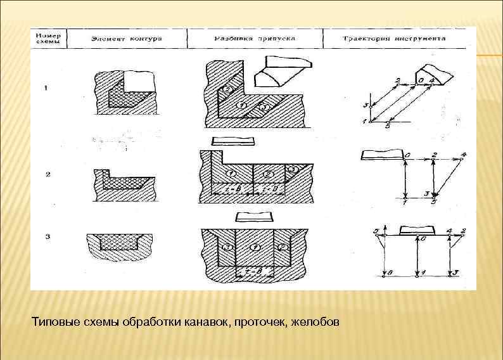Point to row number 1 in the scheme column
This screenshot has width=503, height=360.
click(46, 89)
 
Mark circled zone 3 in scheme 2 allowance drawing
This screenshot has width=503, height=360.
click(293, 169)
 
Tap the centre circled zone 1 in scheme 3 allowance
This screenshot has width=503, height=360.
click(254, 246)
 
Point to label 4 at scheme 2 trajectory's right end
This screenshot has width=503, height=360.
click(464, 154)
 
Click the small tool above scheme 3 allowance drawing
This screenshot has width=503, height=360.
click(254, 215)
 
